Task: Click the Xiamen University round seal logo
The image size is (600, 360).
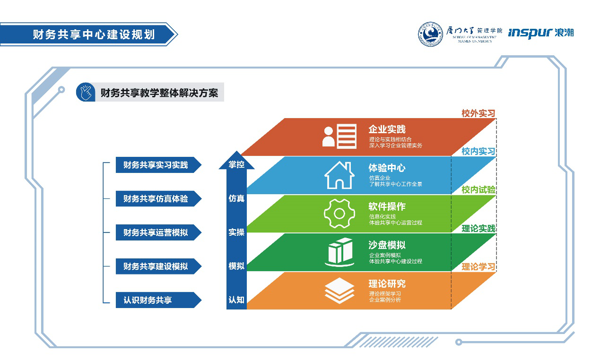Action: coord(430,34)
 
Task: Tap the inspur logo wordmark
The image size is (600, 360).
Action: coord(530,33)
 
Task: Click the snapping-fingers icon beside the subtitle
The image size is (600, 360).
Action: coord(86,92)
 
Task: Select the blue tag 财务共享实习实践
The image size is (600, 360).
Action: coord(158,165)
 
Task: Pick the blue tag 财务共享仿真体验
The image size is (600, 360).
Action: coord(158,198)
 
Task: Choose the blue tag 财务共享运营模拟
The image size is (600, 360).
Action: coord(158,232)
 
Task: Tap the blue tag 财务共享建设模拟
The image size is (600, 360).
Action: coord(158,266)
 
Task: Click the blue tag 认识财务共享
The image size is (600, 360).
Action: coord(158,300)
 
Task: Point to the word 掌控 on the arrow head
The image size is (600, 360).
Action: coord(236,164)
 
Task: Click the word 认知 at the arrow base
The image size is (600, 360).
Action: coord(236,300)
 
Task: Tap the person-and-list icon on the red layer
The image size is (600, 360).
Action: coord(339,136)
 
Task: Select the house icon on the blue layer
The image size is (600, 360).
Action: coord(339,175)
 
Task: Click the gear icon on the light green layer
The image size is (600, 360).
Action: coord(339,214)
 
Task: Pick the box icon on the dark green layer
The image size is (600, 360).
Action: coord(339,252)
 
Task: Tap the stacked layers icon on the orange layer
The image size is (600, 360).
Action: coord(339,291)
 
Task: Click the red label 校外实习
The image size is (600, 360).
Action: coord(478,113)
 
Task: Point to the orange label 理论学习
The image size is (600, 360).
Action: coord(478,266)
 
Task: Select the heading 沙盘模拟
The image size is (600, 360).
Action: coord(387,245)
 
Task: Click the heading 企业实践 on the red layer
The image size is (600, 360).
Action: coord(387,129)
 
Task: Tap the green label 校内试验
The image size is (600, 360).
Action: coord(478,190)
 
